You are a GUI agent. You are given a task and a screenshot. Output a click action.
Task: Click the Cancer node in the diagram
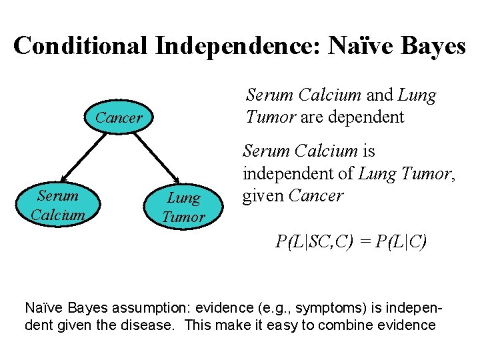click(119, 118)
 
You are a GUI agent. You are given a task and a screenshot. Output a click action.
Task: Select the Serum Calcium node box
click(57, 205)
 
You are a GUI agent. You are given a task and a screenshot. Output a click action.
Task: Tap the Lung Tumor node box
click(183, 207)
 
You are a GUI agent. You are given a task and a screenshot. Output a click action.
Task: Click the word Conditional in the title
click(81, 45)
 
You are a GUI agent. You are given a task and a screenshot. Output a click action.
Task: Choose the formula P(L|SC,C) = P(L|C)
click(351, 242)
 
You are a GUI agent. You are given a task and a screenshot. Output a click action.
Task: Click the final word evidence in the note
click(406, 325)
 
